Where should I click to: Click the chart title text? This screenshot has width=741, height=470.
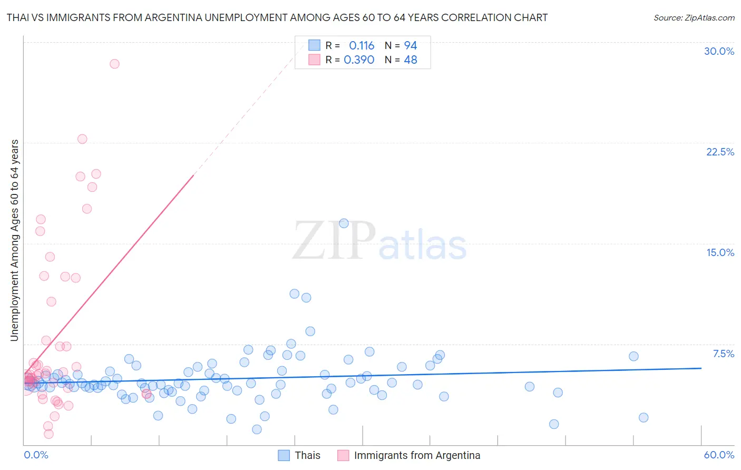pyautogui.click(x=277, y=17)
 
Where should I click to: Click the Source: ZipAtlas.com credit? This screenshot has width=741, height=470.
pyautogui.click(x=694, y=17)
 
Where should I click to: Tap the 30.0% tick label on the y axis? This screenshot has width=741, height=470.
pyautogui.click(x=719, y=51)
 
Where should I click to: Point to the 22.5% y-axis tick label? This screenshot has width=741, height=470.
pyautogui.click(x=720, y=152)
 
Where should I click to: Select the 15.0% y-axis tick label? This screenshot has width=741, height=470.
pyautogui.click(x=720, y=252)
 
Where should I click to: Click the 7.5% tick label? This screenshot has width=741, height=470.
pyautogui.click(x=723, y=354)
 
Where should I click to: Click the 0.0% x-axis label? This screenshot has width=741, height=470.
pyautogui.click(x=36, y=455)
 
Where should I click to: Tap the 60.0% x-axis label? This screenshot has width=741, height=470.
pyautogui.click(x=719, y=455)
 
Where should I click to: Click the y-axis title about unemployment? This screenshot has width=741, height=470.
pyautogui.click(x=14, y=240)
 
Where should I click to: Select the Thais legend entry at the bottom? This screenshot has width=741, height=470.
pyautogui.click(x=307, y=455)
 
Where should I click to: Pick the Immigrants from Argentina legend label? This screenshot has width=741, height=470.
pyautogui.click(x=417, y=455)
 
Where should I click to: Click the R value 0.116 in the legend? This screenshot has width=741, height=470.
pyautogui.click(x=362, y=45)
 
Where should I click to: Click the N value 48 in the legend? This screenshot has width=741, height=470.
pyautogui.click(x=411, y=60)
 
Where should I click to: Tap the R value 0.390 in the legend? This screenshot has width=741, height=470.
pyautogui.click(x=359, y=60)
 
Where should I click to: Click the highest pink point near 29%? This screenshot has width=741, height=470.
pyautogui.click(x=114, y=64)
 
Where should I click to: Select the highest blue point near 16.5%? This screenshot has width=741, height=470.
pyautogui.click(x=344, y=223)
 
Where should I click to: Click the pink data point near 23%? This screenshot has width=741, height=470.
pyautogui.click(x=82, y=139)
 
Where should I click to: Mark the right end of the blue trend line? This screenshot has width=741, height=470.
pyautogui.click(x=701, y=368)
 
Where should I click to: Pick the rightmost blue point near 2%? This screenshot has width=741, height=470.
pyautogui.click(x=643, y=418)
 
